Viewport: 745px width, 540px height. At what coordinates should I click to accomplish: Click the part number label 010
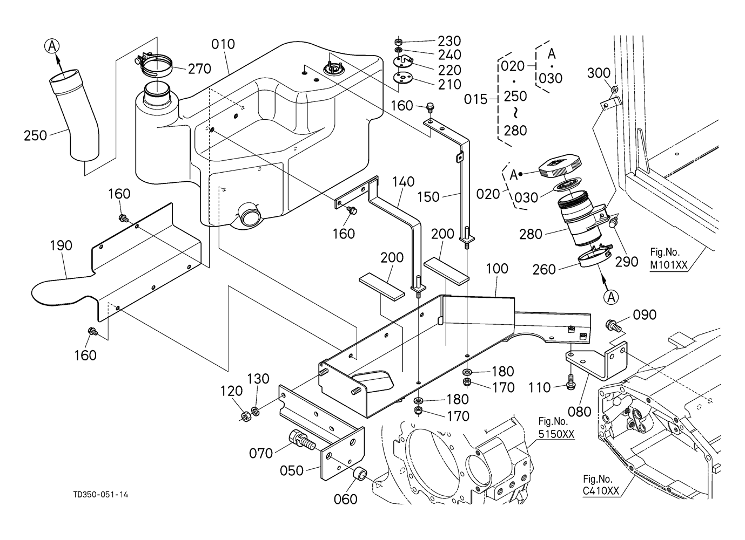pyautogui.click(x=223, y=44)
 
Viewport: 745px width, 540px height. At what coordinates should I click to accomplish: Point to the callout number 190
pyautogui.click(x=61, y=246)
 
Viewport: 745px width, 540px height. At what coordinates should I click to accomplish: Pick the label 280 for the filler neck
pyautogui.click(x=531, y=235)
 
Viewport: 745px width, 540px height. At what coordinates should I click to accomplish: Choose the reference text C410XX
pyautogui.click(x=601, y=491)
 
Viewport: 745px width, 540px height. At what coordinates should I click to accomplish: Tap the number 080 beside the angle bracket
pyautogui.click(x=580, y=412)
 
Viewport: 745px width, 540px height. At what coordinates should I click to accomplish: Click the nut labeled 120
pyautogui.click(x=244, y=416)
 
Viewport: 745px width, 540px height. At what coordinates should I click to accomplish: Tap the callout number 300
pyautogui.click(x=598, y=73)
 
